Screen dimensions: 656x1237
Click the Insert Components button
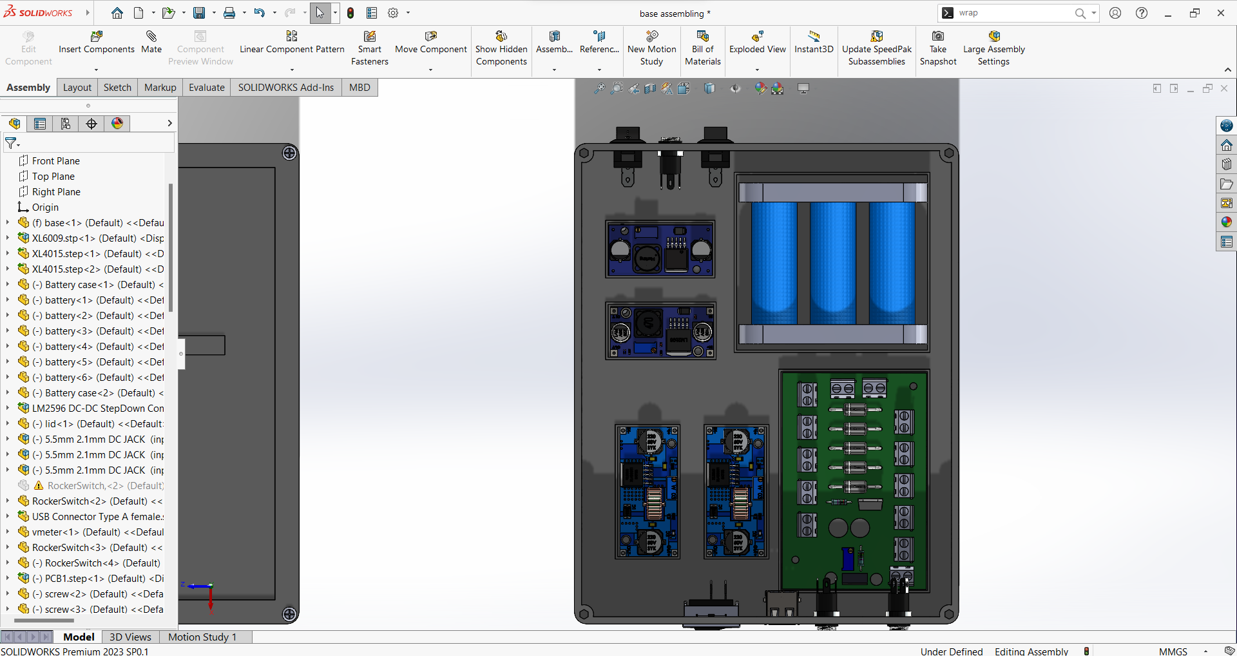click(97, 42)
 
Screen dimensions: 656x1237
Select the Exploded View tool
click(757, 42)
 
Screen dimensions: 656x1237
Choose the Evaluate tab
click(207, 88)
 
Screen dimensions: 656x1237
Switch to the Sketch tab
click(117, 88)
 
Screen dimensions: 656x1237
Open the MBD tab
click(360, 88)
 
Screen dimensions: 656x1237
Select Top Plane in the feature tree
click(53, 177)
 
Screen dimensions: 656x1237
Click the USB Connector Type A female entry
click(97, 517)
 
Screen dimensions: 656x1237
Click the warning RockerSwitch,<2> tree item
click(103, 486)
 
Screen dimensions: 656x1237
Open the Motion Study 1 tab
click(202, 637)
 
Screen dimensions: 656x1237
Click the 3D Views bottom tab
click(130, 637)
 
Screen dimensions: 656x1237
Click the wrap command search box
click(1012, 13)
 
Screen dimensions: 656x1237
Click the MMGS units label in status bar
click(1173, 651)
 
